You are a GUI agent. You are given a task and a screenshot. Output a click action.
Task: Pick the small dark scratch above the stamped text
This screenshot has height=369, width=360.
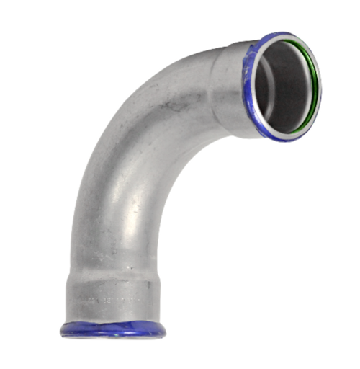click(x=131, y=268)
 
